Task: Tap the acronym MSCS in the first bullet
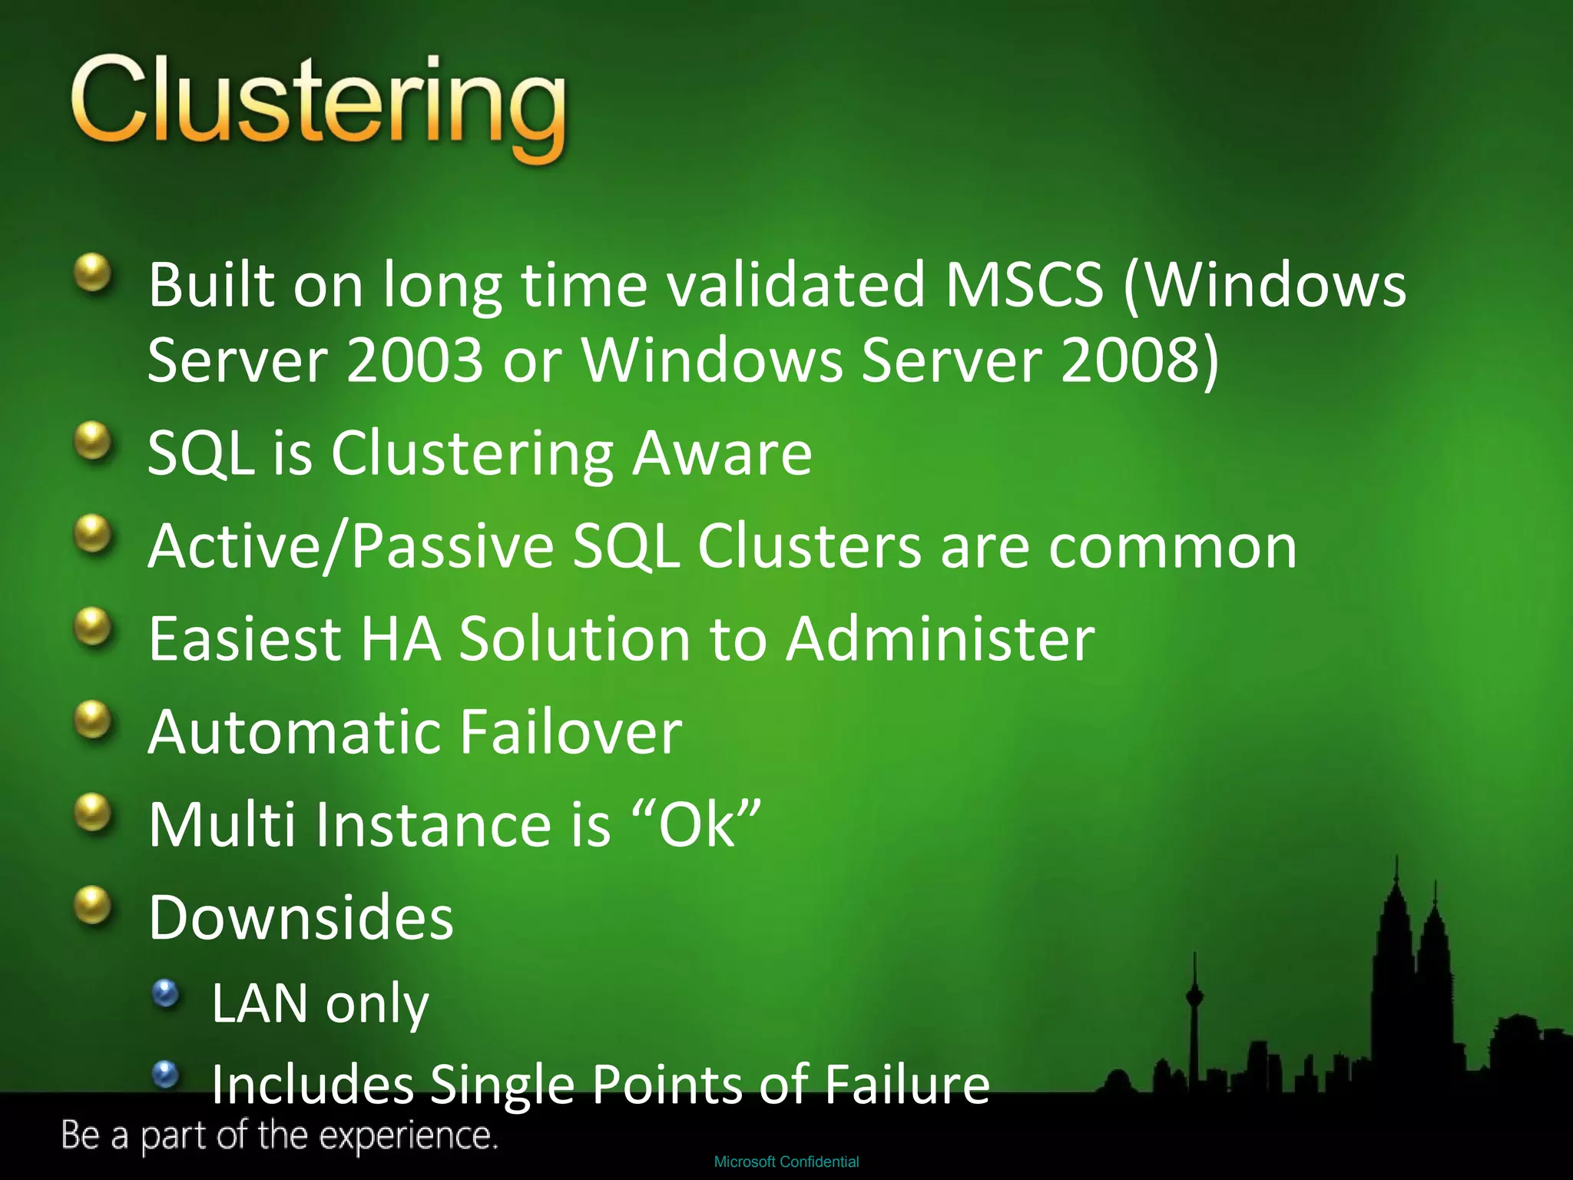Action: coord(1024,285)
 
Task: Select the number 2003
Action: coord(414,360)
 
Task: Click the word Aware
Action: coord(721,452)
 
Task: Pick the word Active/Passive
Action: coord(351,546)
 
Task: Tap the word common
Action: coord(1172,546)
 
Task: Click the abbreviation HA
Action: coord(401,638)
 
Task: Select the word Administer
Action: coord(940,638)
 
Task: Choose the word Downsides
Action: coord(301,917)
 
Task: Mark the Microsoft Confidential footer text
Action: coord(786,1162)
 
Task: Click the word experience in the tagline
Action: coord(409,1135)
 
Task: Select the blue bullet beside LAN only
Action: coord(165,994)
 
